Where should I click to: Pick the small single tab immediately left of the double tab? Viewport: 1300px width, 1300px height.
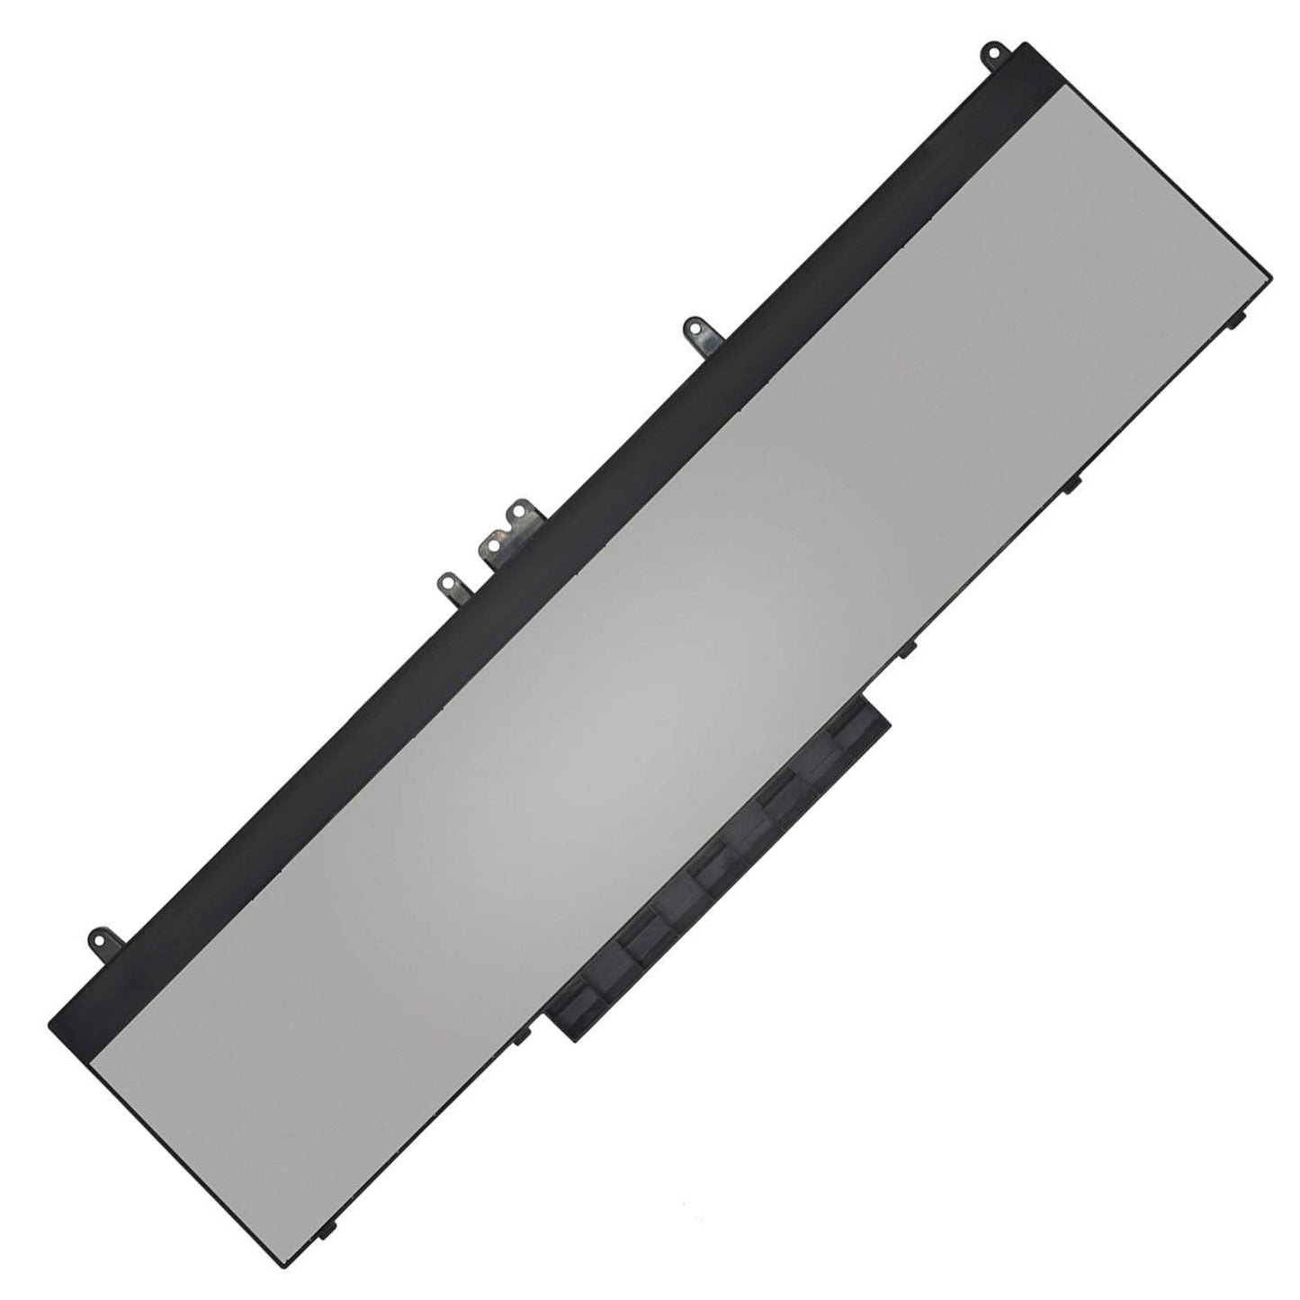click(x=447, y=585)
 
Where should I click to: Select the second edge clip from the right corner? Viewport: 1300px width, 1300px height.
click(x=1071, y=486)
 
